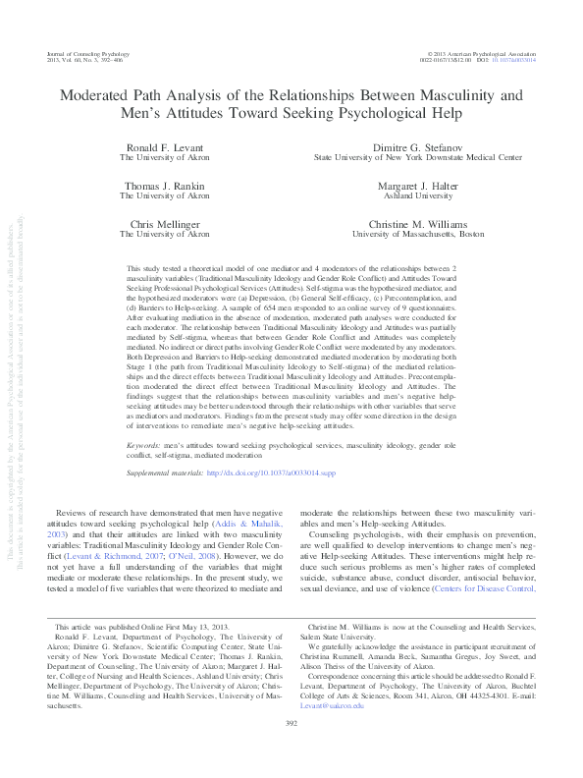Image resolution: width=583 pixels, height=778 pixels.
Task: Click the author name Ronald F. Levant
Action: coord(164,146)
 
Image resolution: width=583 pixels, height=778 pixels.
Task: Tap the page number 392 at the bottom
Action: coord(291,751)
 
